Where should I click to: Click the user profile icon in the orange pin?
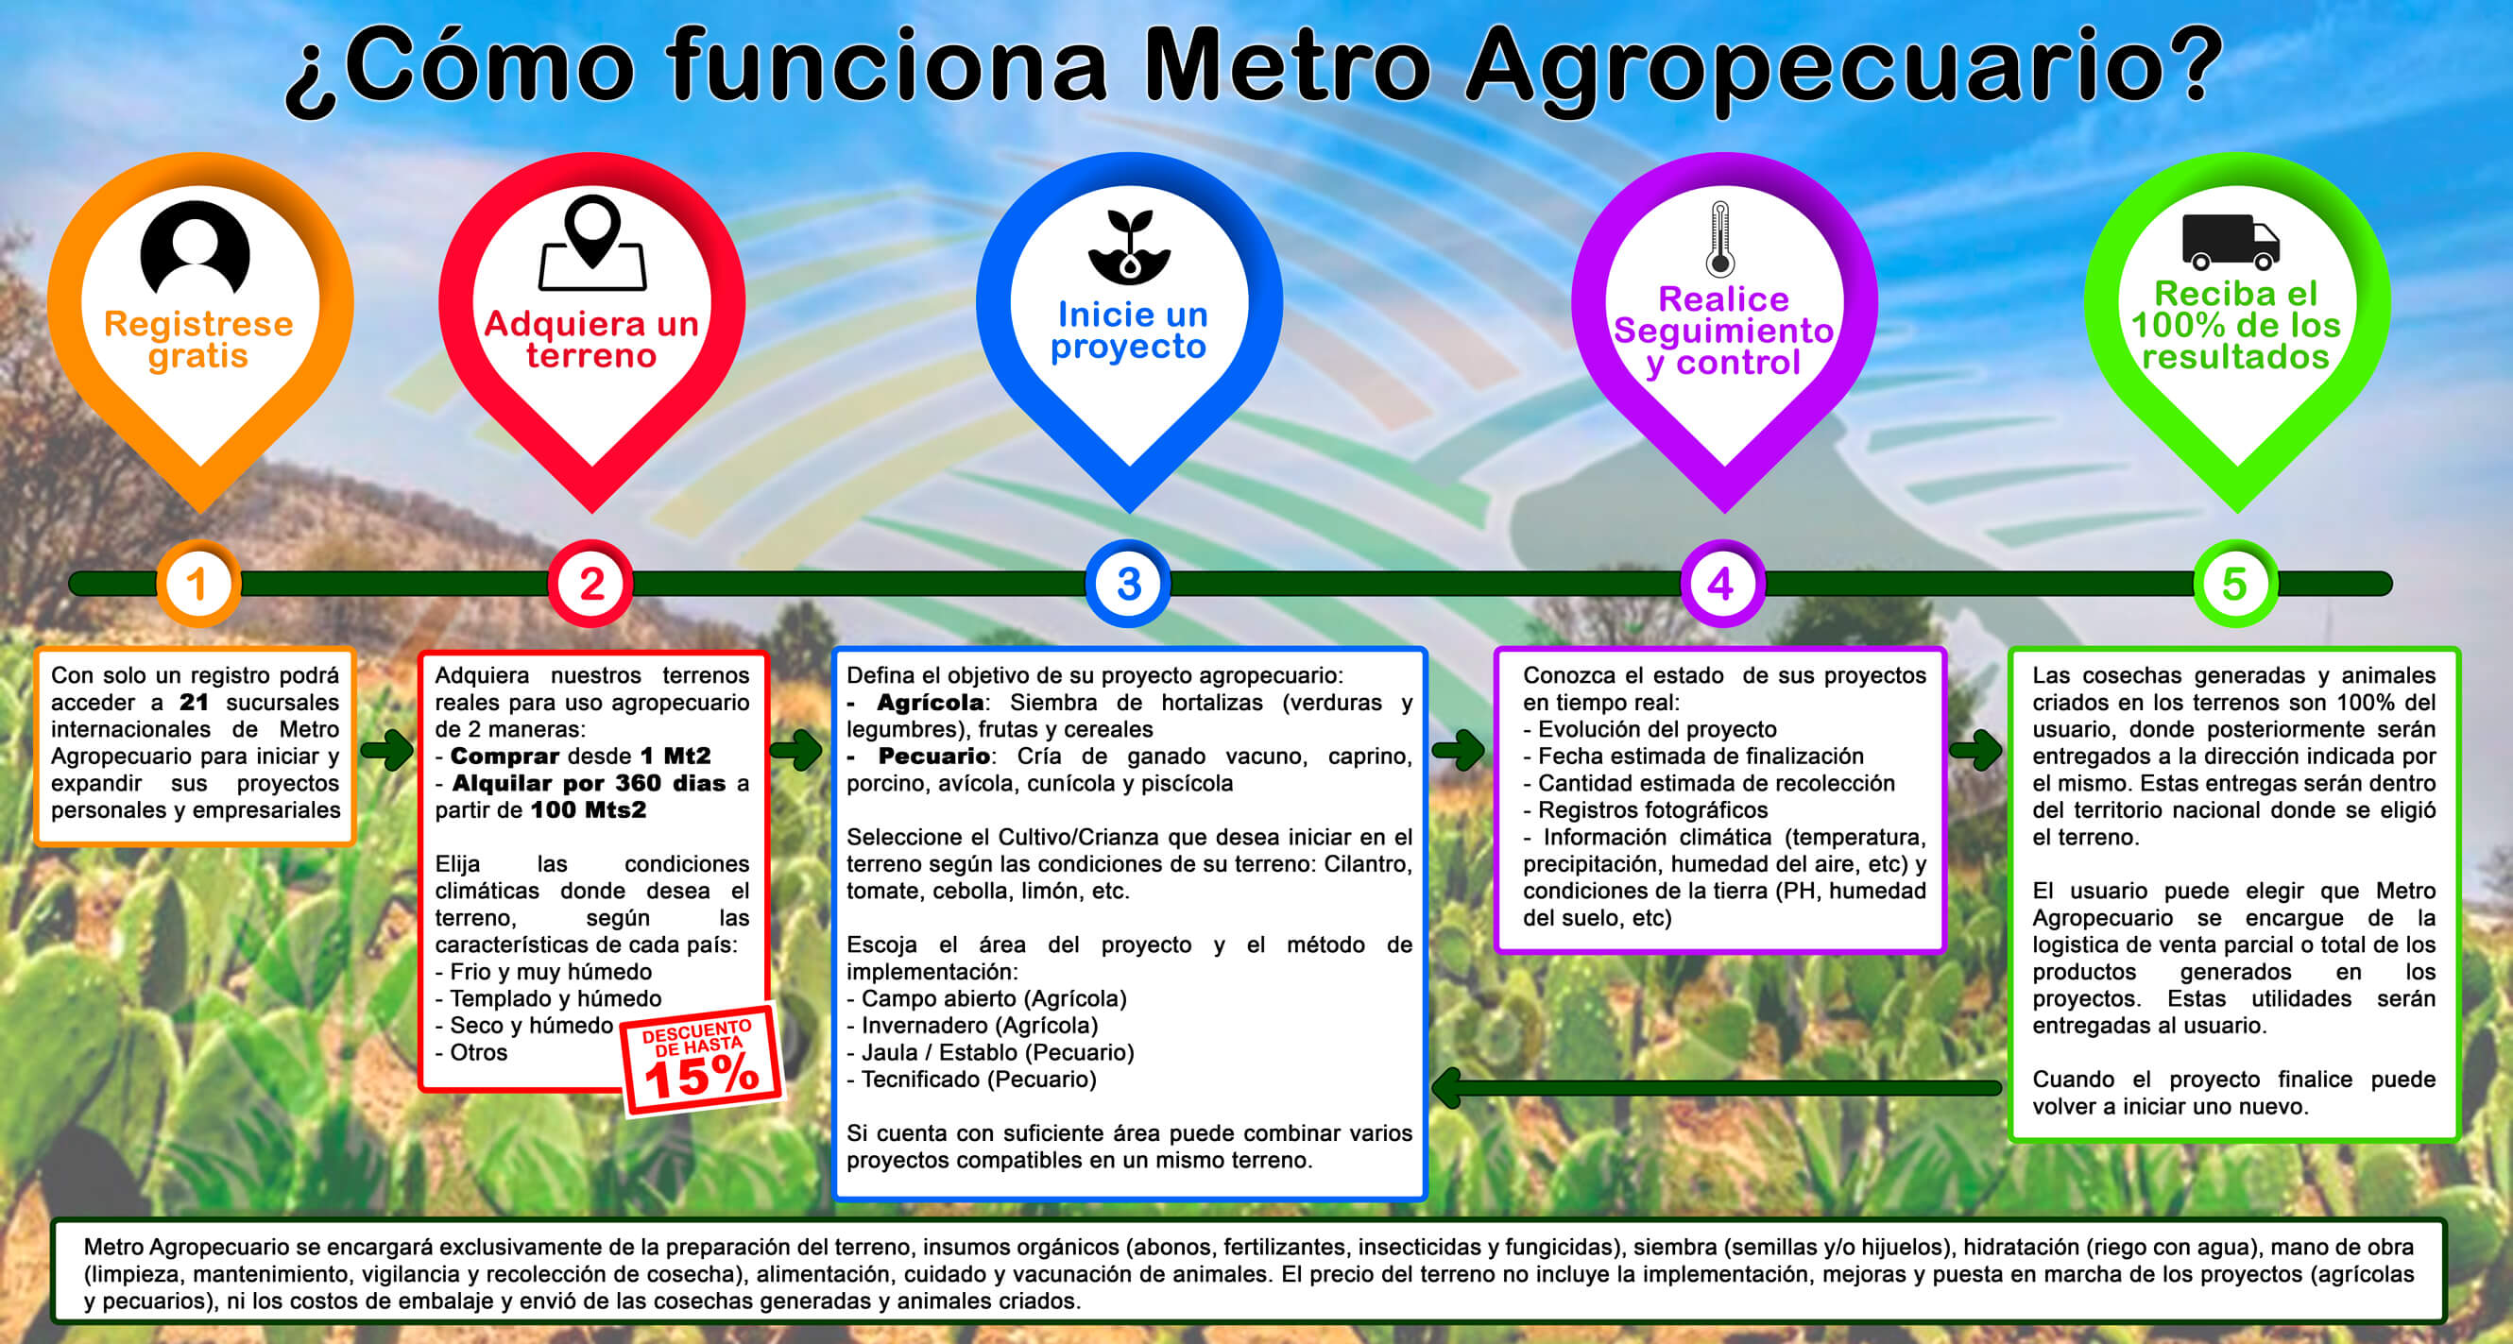coord(196,247)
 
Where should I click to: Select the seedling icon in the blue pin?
coord(1129,246)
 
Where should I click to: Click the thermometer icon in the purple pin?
coord(1719,238)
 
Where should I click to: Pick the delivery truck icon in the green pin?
coord(2231,242)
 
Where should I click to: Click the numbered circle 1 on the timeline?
coord(198,584)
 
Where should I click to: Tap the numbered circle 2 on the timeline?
coord(591,584)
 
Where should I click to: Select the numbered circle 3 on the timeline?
coord(1129,584)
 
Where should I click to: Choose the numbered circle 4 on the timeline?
coord(1722,584)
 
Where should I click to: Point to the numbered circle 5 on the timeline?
coord(2235,584)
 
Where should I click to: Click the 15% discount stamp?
coord(701,1059)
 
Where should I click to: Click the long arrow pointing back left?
coord(1716,1087)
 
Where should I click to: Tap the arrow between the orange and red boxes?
coord(387,750)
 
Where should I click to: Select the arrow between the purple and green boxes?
coord(1975,750)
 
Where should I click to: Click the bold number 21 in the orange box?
coord(193,703)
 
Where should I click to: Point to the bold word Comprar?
coord(504,756)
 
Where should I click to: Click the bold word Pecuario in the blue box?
coord(933,756)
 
